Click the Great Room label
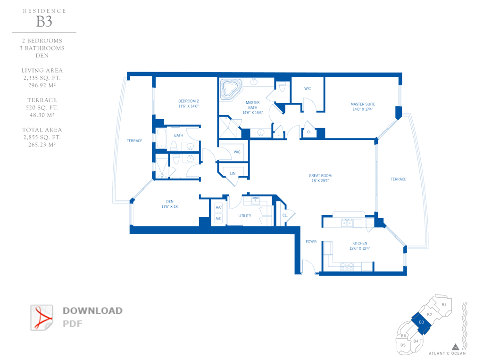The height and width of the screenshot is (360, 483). point(320,176)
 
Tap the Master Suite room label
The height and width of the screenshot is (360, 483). point(363,104)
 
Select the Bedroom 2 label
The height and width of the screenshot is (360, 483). point(189,101)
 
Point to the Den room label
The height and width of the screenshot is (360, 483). point(170,202)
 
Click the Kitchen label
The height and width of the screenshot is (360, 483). point(360,243)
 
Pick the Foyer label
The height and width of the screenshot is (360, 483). point(311,242)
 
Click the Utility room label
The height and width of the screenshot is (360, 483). point(245,216)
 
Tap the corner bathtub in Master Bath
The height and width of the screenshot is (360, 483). point(230,89)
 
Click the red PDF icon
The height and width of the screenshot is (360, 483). point(42,318)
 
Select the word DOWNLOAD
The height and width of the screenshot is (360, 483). point(92,311)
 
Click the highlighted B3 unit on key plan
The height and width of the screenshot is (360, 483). point(421,323)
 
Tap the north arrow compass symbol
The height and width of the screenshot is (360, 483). point(456,347)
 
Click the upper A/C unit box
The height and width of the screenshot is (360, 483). point(218,207)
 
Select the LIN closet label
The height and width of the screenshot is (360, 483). point(233,173)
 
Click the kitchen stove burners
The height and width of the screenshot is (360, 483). point(347,266)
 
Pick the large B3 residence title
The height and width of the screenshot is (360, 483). point(44,22)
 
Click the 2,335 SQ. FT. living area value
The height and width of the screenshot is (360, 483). point(42,78)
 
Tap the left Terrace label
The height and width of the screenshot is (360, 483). point(134,141)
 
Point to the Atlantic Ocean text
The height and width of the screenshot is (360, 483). point(447,353)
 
